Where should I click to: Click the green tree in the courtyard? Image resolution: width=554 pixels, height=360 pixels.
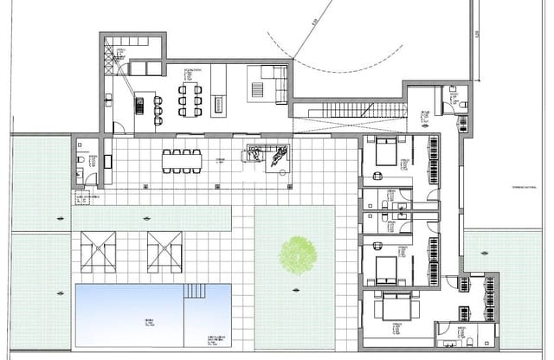point(297,254)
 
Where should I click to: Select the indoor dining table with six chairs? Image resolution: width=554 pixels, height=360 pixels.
point(190,100)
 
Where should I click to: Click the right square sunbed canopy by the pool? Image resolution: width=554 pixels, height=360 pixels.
point(165,252)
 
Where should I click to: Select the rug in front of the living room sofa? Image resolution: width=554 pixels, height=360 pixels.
point(257,89)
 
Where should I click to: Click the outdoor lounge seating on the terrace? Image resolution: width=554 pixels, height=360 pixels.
point(267,157)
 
